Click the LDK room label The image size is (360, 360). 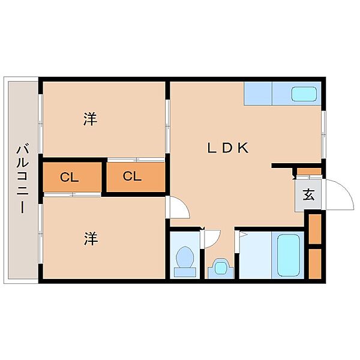(228, 148)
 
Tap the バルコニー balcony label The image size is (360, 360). (23, 178)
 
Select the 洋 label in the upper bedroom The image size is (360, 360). (90, 119)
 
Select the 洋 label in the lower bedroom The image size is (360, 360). (91, 238)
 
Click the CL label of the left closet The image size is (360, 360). (70, 177)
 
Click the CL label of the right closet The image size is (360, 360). (132, 176)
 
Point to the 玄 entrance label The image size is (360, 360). (308, 195)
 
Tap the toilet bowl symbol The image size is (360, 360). (185, 262)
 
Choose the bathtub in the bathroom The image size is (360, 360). (289, 256)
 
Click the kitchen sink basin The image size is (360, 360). (304, 94)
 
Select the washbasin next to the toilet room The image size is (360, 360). (221, 268)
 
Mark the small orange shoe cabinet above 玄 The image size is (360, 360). (309, 172)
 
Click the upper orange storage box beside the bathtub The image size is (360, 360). (315, 229)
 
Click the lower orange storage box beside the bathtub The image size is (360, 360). (315, 264)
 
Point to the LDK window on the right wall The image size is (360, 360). (323, 134)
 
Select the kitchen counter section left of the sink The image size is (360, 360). (258, 94)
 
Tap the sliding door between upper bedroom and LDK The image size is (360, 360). (167, 126)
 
